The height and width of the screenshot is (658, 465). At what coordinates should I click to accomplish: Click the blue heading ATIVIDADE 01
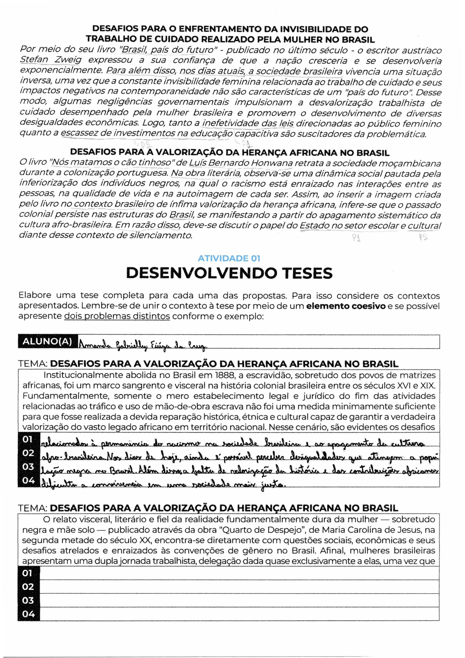[x=229, y=258]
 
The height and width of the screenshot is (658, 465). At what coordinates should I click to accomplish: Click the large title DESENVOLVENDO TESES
[x=229, y=273]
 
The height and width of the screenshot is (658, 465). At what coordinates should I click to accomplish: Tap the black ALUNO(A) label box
[x=47, y=341]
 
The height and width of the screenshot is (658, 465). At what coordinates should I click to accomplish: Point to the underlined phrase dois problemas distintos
[x=117, y=316]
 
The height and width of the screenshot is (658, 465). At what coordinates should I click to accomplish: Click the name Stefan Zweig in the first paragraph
[x=51, y=60]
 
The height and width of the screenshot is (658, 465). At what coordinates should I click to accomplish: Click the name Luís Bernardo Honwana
[x=241, y=163]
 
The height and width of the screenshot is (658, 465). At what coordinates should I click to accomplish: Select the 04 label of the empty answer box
[x=28, y=614]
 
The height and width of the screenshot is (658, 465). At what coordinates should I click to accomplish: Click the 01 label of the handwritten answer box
[x=28, y=439]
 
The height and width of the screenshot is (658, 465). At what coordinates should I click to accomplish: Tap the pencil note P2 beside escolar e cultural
[x=423, y=238]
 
